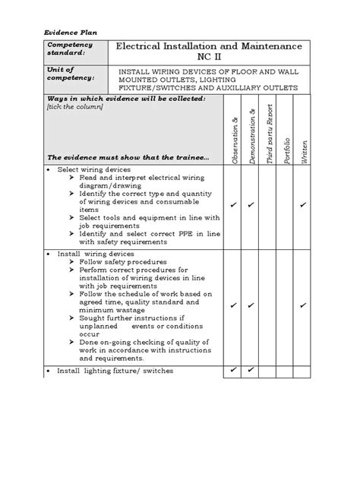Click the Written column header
click(x=304, y=148)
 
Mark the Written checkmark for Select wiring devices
click(x=303, y=205)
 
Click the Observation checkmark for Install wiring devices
click(x=233, y=305)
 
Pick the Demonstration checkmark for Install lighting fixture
click(x=251, y=370)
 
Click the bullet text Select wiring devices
click(x=94, y=169)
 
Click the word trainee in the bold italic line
click(x=192, y=156)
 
